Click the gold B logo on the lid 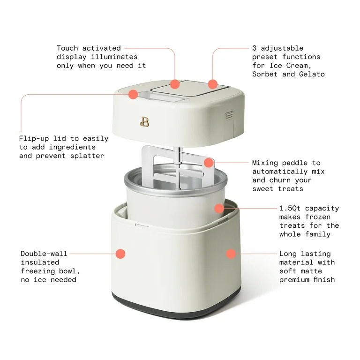(145, 121)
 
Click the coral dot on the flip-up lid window (133, 94)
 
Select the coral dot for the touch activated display (175, 84)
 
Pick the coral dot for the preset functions (213, 84)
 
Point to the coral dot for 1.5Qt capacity (219, 208)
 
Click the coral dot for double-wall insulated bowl (120, 254)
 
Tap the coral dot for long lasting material (231, 254)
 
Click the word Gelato (312, 74)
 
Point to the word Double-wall (44, 254)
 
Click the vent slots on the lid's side (228, 114)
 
